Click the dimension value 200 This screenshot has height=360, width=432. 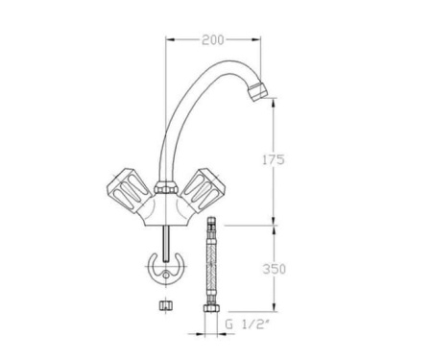(x=213, y=40)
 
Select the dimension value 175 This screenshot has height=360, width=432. (x=273, y=161)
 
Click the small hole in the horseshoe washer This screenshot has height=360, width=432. (x=169, y=279)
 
